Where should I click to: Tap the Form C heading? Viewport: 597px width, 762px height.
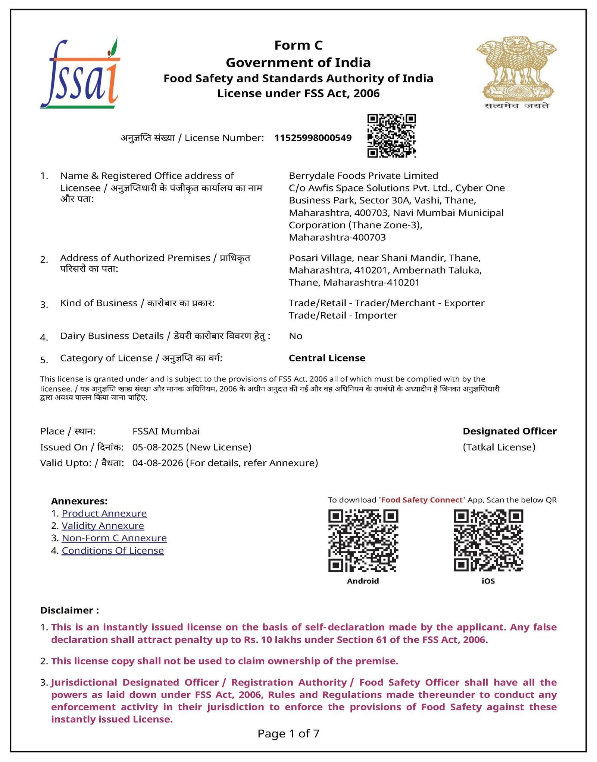pyautogui.click(x=298, y=45)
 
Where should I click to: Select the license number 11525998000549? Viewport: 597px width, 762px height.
pyautogui.click(x=313, y=138)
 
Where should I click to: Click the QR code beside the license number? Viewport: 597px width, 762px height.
pyautogui.click(x=391, y=136)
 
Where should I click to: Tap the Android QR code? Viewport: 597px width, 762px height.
pyautogui.click(x=363, y=540)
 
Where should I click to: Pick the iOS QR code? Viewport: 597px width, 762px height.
pyautogui.click(x=488, y=540)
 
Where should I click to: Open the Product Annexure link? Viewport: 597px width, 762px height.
pyautogui.click(x=104, y=513)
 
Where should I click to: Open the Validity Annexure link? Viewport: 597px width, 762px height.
pyautogui.click(x=103, y=526)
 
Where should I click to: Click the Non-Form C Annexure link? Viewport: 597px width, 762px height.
pyautogui.click(x=114, y=538)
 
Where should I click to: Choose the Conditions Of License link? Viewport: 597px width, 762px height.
pyautogui.click(x=113, y=550)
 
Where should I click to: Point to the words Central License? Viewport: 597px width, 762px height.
pyautogui.click(x=327, y=358)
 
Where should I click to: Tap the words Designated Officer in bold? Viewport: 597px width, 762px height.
pyautogui.click(x=509, y=431)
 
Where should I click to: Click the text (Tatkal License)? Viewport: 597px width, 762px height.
pyautogui.click(x=499, y=447)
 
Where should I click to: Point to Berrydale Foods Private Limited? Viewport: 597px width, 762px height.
pyautogui.click(x=363, y=176)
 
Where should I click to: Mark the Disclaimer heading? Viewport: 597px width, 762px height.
pyautogui.click(x=69, y=610)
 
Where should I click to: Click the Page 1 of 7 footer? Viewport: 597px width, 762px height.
pyautogui.click(x=288, y=734)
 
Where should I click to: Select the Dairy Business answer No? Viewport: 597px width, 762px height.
pyautogui.click(x=296, y=336)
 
